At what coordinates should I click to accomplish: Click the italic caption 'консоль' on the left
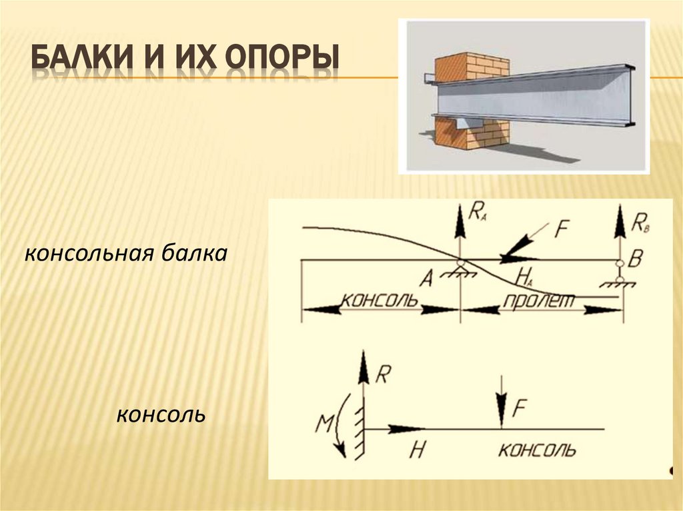(161, 416)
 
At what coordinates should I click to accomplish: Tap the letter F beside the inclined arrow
(561, 229)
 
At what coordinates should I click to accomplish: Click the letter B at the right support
(635, 259)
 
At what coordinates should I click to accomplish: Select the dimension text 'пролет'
(540, 300)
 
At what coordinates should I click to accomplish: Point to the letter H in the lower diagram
(417, 450)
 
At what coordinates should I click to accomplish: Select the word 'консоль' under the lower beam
(536, 450)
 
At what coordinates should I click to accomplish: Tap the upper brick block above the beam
(472, 67)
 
